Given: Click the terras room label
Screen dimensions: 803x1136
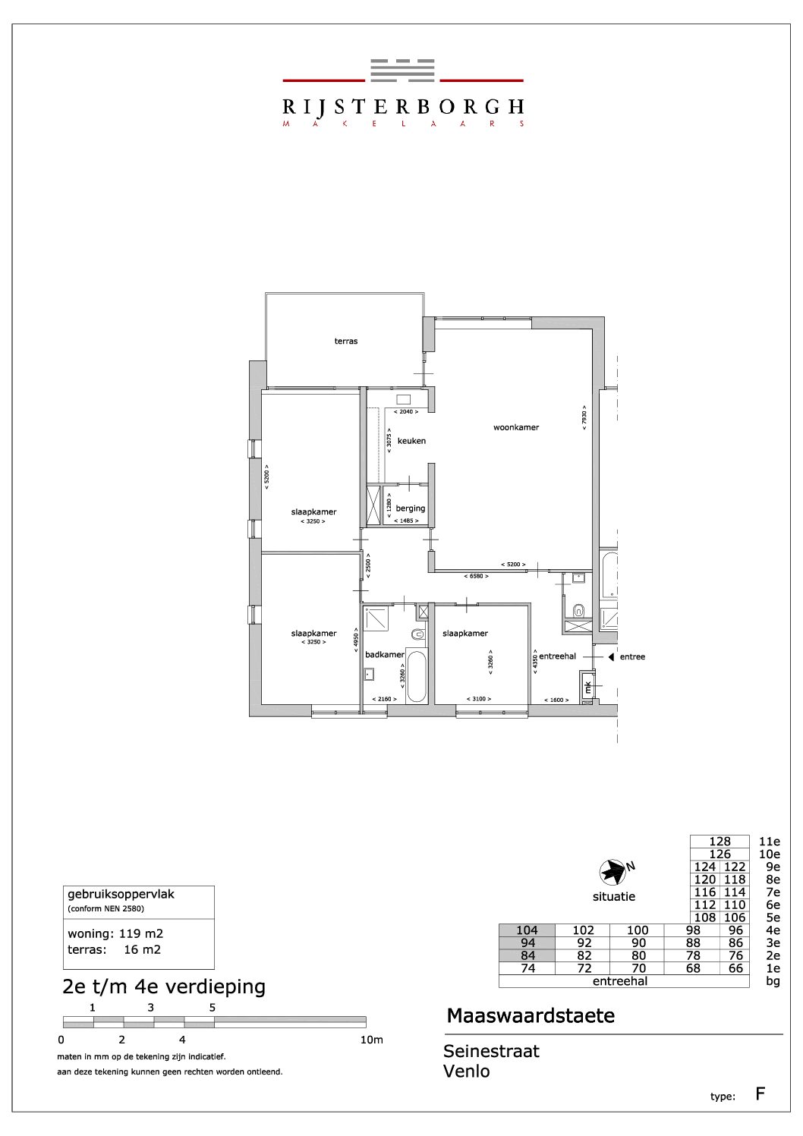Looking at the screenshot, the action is click(x=346, y=341).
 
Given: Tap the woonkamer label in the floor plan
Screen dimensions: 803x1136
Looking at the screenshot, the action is click(x=516, y=427).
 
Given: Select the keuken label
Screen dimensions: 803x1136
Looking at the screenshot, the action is click(x=411, y=441).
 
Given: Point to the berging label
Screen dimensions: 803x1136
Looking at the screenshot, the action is click(x=411, y=508).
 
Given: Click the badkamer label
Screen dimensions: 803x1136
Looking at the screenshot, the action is click(x=385, y=654).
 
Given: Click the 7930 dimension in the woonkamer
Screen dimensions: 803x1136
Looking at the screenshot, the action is click(x=584, y=417).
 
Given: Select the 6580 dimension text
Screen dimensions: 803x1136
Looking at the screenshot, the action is click(x=477, y=576).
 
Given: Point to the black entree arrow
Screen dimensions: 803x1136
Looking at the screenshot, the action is click(x=611, y=656).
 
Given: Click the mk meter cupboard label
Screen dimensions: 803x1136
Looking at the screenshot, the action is click(x=588, y=688).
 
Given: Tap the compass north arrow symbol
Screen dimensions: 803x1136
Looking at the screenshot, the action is click(x=613, y=873).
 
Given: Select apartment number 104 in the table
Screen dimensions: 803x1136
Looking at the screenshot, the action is click(x=527, y=930).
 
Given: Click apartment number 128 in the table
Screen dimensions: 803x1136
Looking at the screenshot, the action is click(x=720, y=842).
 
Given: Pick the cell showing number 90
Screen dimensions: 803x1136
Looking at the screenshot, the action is click(x=638, y=942).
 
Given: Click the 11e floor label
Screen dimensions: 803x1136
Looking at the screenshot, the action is click(x=769, y=842).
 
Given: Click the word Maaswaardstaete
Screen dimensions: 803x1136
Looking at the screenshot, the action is click(x=531, y=1016).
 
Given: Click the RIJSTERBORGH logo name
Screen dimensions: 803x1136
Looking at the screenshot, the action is click(x=403, y=106).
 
